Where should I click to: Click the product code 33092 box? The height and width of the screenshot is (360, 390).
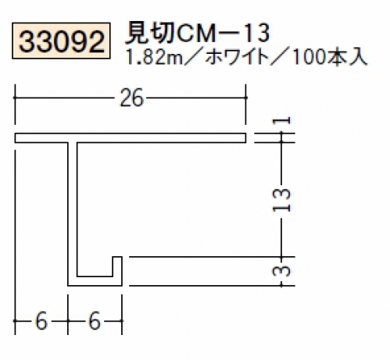(x=61, y=41)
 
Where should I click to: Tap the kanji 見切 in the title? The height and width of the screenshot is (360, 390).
(x=149, y=34)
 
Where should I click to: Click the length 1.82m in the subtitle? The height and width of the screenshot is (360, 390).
(x=154, y=57)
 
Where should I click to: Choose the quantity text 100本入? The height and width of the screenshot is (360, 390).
(x=330, y=57)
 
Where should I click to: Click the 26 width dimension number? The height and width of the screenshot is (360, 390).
(x=131, y=98)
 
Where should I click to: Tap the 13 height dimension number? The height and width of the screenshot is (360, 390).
(x=281, y=201)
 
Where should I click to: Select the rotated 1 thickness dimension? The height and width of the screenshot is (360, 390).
(x=281, y=121)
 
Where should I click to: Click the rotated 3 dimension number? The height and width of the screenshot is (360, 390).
(x=281, y=271)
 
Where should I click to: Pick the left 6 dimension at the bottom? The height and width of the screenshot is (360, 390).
(x=41, y=321)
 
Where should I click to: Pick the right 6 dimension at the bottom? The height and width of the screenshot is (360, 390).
(x=95, y=321)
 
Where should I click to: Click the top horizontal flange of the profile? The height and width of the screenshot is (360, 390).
(x=131, y=138)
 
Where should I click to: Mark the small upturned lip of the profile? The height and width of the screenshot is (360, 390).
(x=117, y=266)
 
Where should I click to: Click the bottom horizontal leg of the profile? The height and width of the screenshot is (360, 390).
(x=95, y=281)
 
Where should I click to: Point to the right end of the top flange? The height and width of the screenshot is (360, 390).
(x=246, y=138)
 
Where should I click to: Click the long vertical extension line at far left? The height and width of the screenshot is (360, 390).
(x=15, y=242)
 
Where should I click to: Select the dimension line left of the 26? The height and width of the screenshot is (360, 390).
(x=64, y=98)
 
